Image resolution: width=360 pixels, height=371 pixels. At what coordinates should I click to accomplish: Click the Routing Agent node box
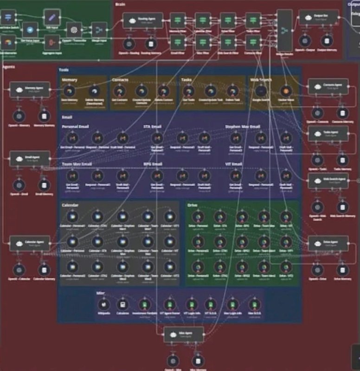coord(143,20)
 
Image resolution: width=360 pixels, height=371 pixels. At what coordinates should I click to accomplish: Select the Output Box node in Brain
coord(319,17)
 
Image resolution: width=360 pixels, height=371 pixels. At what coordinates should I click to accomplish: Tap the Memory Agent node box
coord(30,89)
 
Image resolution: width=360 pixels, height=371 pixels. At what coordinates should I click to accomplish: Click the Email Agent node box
coord(30,158)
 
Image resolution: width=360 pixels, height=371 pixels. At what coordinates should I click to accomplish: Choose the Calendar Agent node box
coord(30,243)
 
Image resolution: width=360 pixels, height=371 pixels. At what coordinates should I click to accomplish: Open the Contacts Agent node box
coord(328,86)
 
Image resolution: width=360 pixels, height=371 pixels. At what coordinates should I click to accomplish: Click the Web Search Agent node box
coord(328,181)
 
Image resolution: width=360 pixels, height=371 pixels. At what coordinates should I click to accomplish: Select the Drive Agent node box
coord(328,243)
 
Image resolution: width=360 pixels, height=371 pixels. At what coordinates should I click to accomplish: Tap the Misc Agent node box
coord(184,333)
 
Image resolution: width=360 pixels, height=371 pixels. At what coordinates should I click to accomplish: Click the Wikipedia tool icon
coord(104,305)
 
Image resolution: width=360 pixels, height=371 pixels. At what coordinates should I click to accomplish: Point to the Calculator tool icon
coord(122,305)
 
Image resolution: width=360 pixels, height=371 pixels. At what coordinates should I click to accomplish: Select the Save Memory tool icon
coord(70,91)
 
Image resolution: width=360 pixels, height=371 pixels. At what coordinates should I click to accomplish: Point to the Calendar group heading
coord(70,205)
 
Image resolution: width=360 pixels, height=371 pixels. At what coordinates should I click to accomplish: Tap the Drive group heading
coord(193,205)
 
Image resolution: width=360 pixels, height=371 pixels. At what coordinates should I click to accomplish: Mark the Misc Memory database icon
coord(198,361)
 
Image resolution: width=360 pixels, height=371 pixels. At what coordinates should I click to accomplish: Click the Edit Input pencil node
coord(51,18)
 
